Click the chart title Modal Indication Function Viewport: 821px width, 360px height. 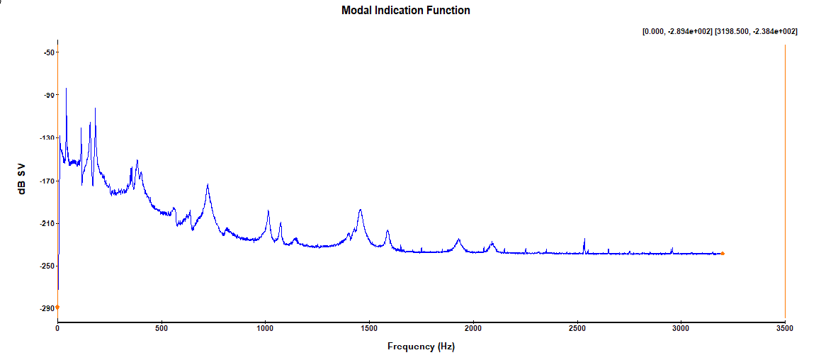click(x=405, y=11)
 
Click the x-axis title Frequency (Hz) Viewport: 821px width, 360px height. click(x=421, y=347)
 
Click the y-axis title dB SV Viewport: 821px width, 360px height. click(x=22, y=181)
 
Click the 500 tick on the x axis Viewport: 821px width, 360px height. click(x=162, y=329)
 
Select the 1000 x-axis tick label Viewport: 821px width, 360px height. click(x=265, y=329)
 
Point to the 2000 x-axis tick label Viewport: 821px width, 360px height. click(x=473, y=329)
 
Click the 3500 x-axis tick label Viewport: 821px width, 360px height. click(x=785, y=329)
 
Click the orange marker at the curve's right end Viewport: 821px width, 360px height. click(x=723, y=253)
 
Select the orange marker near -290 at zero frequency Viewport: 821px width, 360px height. click(x=57, y=307)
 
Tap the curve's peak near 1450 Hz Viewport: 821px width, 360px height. click(x=361, y=210)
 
